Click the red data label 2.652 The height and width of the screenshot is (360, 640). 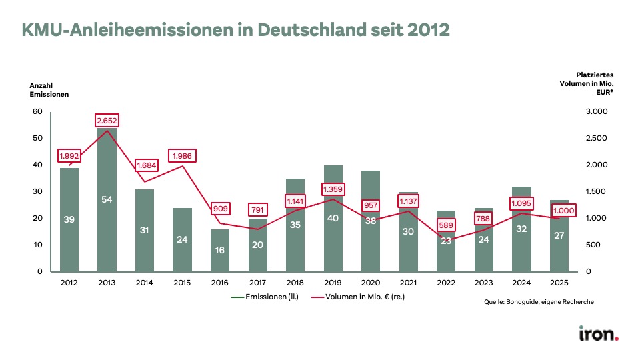[x=107, y=120]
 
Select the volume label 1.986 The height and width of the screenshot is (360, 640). [x=183, y=156]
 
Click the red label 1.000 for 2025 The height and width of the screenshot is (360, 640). [x=561, y=209]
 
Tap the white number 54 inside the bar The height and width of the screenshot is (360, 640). [x=107, y=199]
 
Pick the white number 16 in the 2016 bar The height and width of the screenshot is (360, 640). [x=221, y=250]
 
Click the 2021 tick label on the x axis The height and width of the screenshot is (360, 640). [x=409, y=283]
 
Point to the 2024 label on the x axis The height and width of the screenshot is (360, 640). [x=523, y=283]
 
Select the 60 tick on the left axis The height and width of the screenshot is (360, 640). [x=37, y=111]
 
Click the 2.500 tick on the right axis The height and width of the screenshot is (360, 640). [x=597, y=138]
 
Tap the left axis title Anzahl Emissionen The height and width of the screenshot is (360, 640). [x=49, y=90]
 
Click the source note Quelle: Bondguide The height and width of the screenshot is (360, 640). [x=539, y=302]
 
